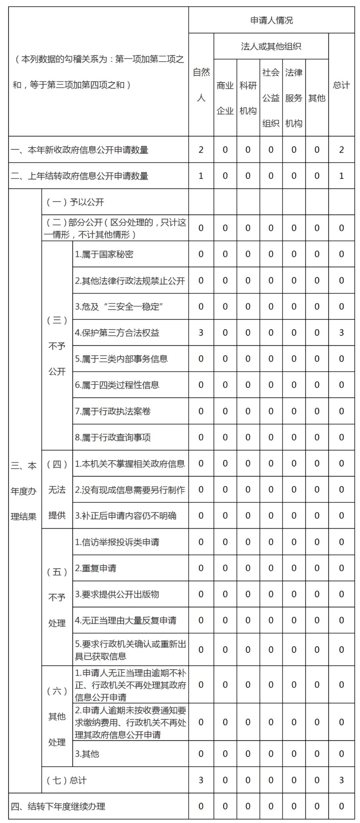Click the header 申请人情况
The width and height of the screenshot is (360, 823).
point(271,20)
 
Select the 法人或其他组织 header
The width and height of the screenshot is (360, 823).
point(271,47)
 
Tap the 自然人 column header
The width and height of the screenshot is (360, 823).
point(201,85)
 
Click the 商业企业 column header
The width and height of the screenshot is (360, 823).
point(225,98)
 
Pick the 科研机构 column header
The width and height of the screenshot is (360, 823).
point(248,98)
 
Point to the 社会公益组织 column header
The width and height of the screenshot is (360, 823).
point(271,98)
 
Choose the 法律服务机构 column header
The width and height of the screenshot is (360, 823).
point(293,98)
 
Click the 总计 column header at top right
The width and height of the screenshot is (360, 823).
point(341,85)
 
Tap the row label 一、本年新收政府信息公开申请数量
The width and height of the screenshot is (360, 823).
point(79,150)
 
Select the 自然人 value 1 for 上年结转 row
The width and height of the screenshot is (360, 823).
point(201,176)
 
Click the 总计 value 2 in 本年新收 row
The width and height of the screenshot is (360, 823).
point(341,150)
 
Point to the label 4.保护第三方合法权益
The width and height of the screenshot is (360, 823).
point(117,333)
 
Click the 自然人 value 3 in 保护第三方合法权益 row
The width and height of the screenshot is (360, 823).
point(201,333)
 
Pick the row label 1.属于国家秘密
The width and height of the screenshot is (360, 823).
point(104,254)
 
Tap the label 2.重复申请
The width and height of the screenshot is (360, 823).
point(96,568)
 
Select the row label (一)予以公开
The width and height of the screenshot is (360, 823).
point(75,202)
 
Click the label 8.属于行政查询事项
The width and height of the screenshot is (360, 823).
point(113,437)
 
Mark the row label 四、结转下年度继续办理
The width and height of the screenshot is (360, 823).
point(58,807)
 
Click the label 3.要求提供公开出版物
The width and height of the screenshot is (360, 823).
point(117,594)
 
